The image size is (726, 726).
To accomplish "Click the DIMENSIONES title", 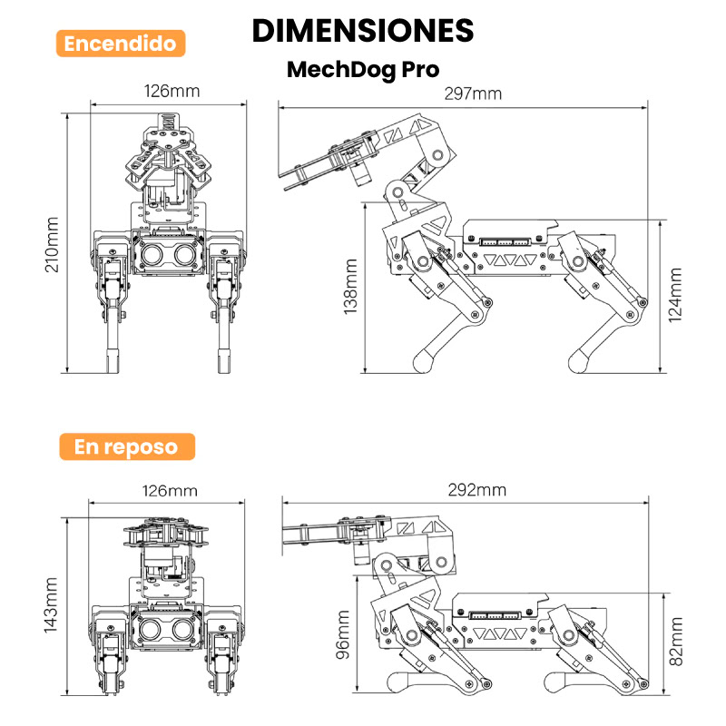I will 363,30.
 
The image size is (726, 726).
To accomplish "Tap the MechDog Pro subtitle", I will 363,70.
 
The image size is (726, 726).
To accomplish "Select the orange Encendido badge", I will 121,44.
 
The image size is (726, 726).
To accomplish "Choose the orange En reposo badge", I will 126,446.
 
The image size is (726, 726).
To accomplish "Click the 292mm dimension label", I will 476,490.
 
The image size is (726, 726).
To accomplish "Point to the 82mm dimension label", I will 676,642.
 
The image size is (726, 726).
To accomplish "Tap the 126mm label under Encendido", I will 172,91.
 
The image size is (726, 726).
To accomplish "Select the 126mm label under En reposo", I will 170,490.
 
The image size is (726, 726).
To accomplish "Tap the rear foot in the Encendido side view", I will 583,362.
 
